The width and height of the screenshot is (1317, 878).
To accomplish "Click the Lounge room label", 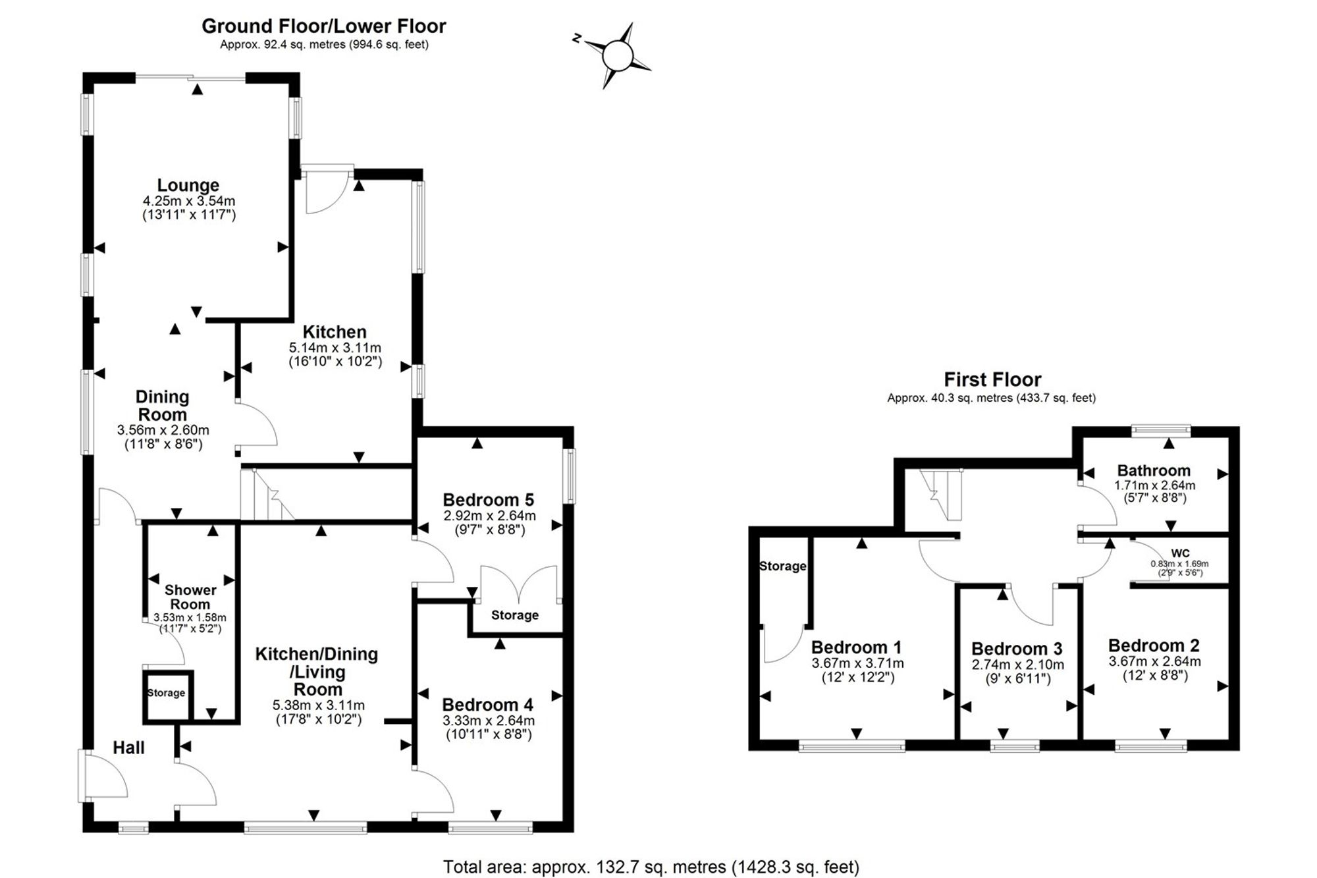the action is tap(188, 185).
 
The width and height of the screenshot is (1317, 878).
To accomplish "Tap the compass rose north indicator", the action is tap(576, 38).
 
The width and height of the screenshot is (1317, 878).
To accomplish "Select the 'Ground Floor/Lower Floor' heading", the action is tap(323, 26).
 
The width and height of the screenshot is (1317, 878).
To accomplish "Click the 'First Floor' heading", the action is tap(992, 379).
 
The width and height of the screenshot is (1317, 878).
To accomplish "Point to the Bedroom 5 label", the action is tap(488, 500).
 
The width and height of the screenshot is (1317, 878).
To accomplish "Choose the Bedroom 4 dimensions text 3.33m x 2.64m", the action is tap(488, 721).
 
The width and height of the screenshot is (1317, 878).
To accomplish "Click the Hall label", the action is tap(128, 748).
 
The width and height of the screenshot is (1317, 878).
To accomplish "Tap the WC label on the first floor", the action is tap(1180, 553).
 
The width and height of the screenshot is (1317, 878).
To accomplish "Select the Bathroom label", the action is tap(1154, 470).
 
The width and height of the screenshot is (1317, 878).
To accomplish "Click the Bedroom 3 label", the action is tap(1017, 649).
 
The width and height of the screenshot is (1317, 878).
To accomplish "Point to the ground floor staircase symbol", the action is tap(267, 494).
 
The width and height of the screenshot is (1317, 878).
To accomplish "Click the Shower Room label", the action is tap(190, 597).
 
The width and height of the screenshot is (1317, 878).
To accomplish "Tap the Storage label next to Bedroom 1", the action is tap(782, 566).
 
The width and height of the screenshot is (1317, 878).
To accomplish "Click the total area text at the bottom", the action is tap(651, 867).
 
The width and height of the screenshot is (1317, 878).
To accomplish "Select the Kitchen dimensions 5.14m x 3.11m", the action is tap(335, 348).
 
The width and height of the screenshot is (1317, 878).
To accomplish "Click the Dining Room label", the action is tap(162, 406).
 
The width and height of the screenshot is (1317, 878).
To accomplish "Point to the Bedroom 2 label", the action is tap(1154, 645).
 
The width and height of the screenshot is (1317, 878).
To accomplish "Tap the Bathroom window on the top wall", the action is tap(1162, 431).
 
